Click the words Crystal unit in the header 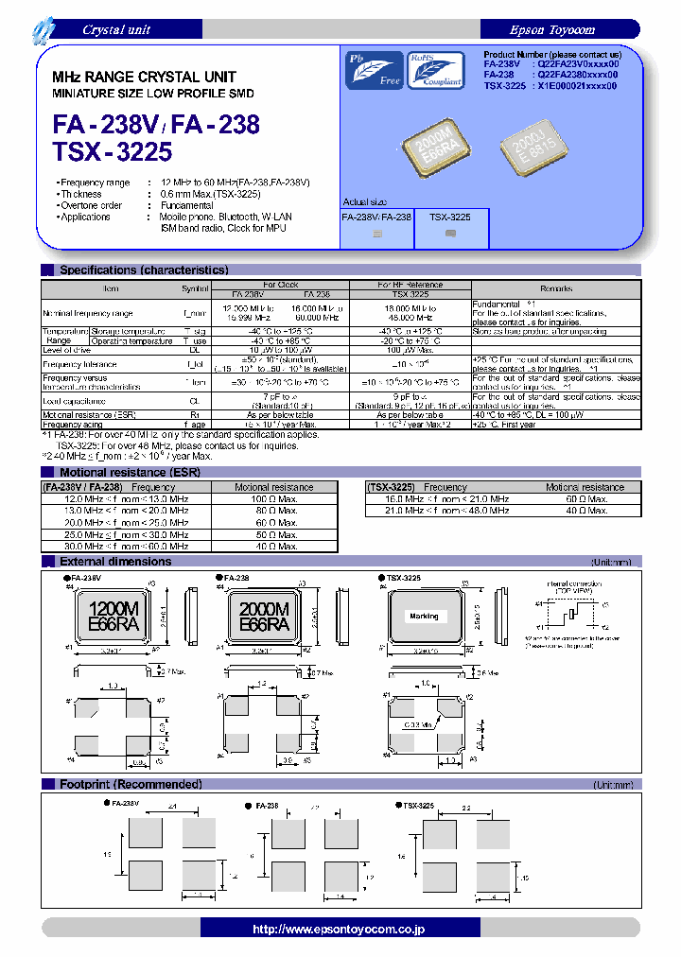[116, 29]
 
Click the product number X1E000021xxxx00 [576, 85]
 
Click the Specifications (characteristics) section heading [144, 270]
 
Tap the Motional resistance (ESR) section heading [128, 472]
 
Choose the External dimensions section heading [115, 562]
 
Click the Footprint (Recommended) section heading [131, 784]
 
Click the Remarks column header [556, 288]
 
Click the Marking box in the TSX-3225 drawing [425, 616]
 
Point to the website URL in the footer [340, 930]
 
